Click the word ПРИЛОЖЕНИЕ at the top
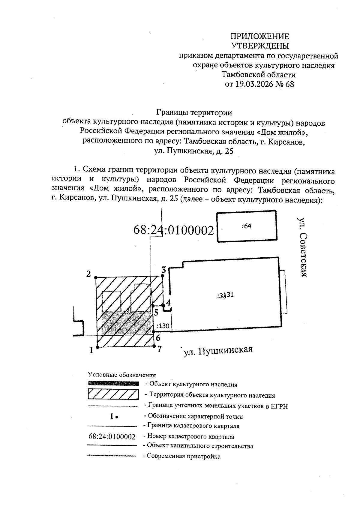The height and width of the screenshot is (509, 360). pyautogui.click(x=259, y=37)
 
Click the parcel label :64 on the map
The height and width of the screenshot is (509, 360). pyautogui.click(x=246, y=226)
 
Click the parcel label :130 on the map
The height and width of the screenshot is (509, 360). pyautogui.click(x=163, y=326)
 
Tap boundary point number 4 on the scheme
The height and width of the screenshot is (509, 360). pyautogui.click(x=163, y=305)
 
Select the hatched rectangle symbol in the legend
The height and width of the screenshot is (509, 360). pyautogui.click(x=113, y=394)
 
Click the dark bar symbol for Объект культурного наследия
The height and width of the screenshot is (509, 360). pyautogui.click(x=113, y=383)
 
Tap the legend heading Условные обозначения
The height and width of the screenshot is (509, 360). pyautogui.click(x=122, y=375)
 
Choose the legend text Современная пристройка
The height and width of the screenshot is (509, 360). pyautogui.click(x=184, y=457)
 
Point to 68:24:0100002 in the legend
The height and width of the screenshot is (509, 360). pyautogui.click(x=112, y=436)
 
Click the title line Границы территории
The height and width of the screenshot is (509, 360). pyautogui.click(x=194, y=113)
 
